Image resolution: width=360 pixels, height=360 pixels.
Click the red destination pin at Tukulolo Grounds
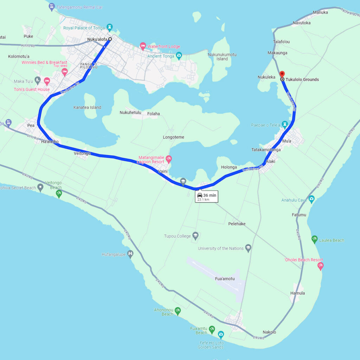click(x=282, y=75)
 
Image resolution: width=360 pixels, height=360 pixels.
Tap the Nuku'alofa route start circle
click(x=110, y=39)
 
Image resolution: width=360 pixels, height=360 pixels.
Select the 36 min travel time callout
click(x=207, y=197)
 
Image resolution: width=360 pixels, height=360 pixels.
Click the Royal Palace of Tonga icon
click(x=110, y=26)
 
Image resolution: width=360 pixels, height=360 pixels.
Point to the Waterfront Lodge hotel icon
click(x=143, y=45)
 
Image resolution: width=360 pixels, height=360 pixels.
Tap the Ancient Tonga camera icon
click(x=179, y=55)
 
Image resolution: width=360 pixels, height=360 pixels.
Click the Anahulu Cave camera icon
click(x=311, y=199)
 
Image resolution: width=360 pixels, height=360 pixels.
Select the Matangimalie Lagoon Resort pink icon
click(x=169, y=159)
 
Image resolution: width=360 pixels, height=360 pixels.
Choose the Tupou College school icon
click(x=196, y=236)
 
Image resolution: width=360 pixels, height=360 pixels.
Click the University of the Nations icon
click(x=248, y=247)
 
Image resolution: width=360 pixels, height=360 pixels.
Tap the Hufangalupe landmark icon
click(x=131, y=254)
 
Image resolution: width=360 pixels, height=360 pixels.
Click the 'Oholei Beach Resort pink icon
click(x=320, y=266)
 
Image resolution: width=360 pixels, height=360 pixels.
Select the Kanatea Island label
click(x=87, y=108)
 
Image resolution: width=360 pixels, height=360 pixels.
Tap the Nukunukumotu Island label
click(x=222, y=57)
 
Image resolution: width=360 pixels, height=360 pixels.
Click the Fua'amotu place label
click(x=225, y=279)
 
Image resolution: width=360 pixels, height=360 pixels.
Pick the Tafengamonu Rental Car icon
click(x=52, y=6)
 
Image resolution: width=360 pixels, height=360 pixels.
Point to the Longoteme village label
click(x=174, y=137)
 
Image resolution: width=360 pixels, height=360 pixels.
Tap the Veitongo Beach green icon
click(x=59, y=193)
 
